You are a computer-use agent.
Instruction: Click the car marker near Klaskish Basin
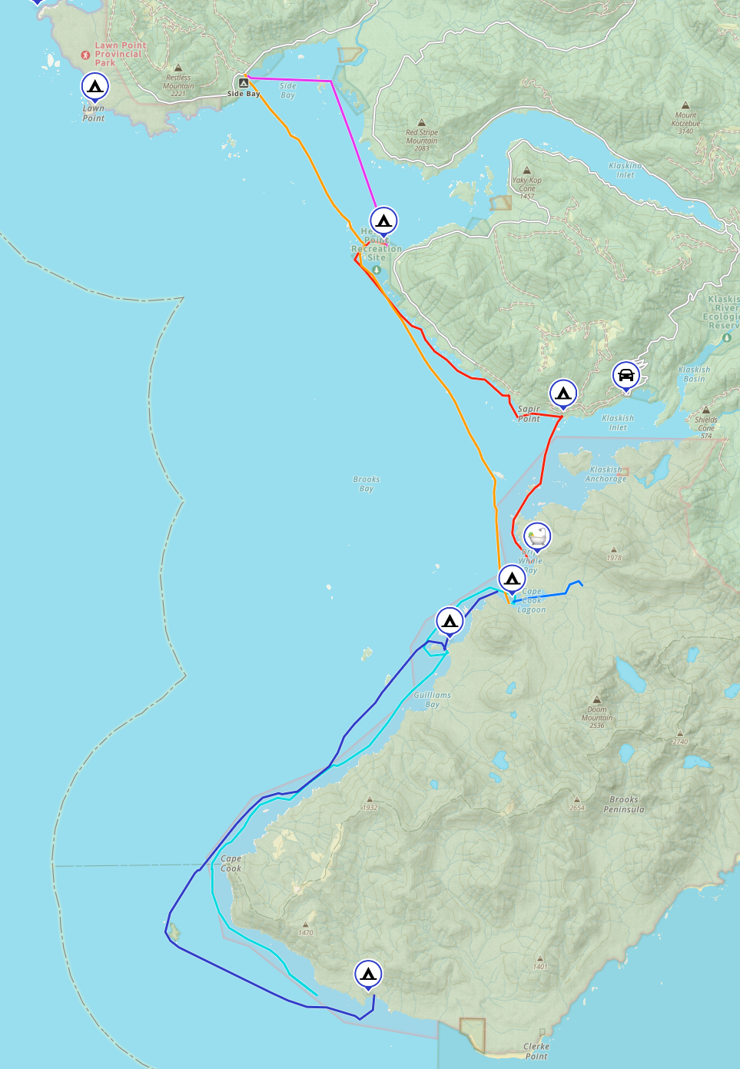click(626, 375)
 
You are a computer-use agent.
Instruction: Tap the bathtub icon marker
click(537, 536)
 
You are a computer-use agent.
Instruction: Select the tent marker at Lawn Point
click(95, 87)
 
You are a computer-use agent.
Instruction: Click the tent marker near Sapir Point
click(563, 394)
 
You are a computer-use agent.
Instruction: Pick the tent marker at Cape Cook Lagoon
click(512, 578)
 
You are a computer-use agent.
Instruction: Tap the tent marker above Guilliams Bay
click(450, 620)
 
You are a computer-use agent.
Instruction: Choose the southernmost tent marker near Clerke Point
click(368, 974)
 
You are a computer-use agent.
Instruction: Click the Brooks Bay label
click(367, 483)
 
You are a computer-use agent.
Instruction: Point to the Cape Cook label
click(231, 864)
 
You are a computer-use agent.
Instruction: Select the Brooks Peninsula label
click(624, 804)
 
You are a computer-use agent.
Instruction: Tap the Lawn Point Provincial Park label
click(119, 54)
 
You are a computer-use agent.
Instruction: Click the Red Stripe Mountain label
click(421, 137)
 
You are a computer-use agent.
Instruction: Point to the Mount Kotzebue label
click(685, 119)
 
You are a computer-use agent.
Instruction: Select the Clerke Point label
click(536, 1051)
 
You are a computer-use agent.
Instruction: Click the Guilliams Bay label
click(433, 699)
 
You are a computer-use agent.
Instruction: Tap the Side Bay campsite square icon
click(243, 82)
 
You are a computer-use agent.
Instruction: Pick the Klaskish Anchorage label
click(606, 474)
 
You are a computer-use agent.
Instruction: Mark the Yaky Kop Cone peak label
click(527, 184)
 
